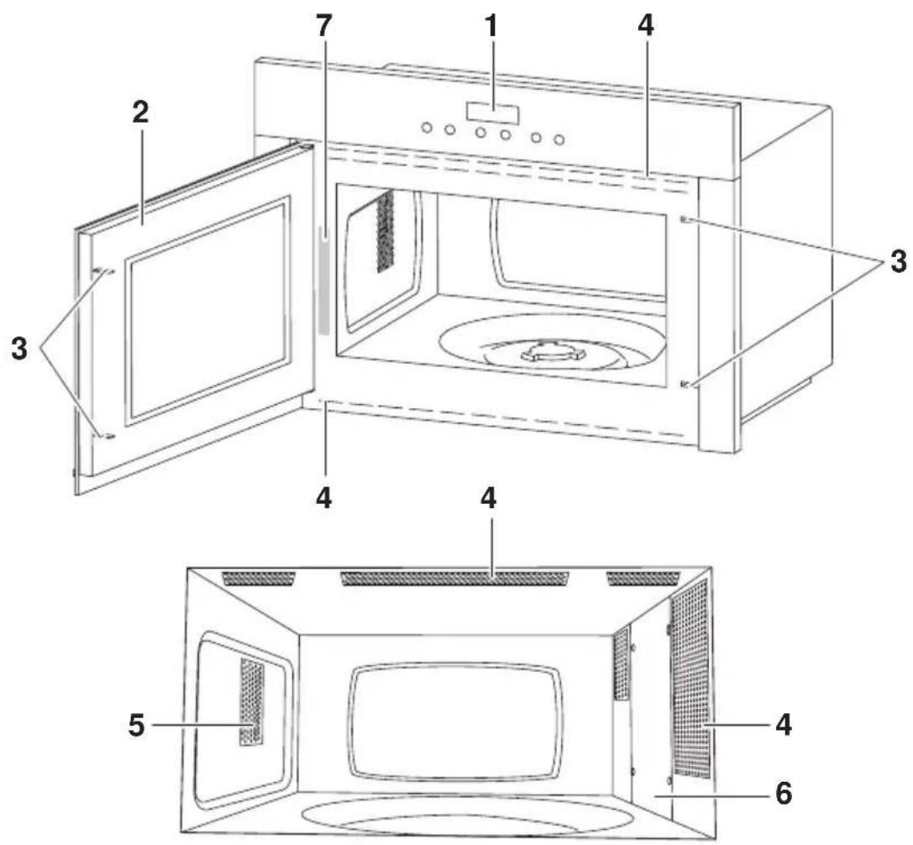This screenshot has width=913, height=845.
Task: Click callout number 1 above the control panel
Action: coord(492,26)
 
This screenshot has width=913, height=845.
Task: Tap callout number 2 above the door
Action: coord(140,113)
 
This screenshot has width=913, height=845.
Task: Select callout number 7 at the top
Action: coord(323,26)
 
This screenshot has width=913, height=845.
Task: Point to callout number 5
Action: coord(136,725)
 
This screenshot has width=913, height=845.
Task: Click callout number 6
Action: coord(784,793)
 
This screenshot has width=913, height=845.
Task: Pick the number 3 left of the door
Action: coord(19,349)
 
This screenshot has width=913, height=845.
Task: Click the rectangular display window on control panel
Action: coord(492,113)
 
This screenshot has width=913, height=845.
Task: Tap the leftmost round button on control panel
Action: coord(427,127)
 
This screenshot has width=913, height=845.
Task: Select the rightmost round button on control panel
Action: coord(559,139)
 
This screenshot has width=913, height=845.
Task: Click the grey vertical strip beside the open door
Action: coord(323,282)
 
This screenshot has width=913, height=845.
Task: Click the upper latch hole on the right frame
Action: coord(685,219)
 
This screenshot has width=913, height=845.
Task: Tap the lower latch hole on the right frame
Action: coord(685,384)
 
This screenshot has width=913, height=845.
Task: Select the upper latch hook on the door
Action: coord(103,270)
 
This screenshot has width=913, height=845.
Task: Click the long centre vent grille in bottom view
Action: coord(454,578)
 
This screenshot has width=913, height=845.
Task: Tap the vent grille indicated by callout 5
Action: coord(251,702)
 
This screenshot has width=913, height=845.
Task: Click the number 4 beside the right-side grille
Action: coord(784,725)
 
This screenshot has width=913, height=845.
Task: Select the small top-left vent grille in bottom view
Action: coord(259,578)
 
